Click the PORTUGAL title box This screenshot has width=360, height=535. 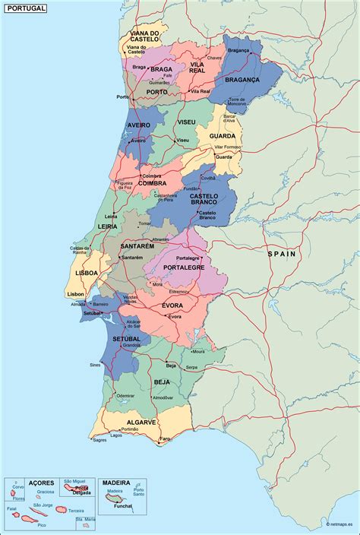24,8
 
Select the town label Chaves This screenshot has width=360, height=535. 214,58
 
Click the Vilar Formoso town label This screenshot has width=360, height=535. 228,147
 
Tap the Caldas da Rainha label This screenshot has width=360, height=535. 81,250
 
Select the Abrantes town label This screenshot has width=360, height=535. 161,239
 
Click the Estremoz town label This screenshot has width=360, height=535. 178,291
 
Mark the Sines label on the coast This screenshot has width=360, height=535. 95,365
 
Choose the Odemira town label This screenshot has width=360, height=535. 125,395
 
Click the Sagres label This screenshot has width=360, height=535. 99,440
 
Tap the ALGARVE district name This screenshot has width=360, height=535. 141,422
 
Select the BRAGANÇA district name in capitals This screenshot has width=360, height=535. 242,79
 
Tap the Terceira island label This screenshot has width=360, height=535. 77,511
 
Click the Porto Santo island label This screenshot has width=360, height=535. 139,492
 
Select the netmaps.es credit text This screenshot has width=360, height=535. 341,524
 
